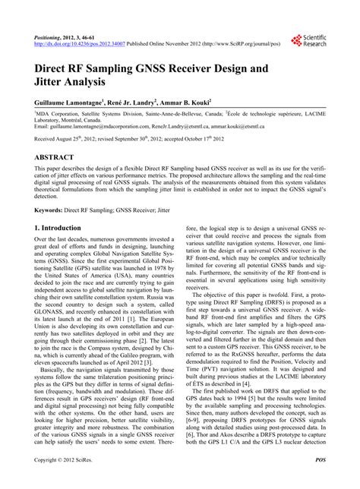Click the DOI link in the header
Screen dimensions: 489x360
pos(84,43)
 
